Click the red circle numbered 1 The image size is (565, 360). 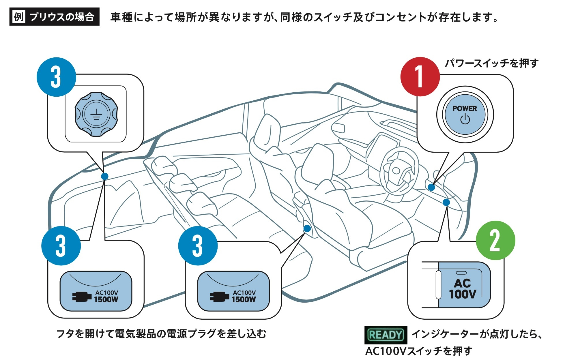420,77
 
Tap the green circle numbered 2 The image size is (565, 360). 495,240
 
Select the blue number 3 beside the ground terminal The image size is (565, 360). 56,77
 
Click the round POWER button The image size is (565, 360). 465,115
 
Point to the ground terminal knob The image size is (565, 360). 96,114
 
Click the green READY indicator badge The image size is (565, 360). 386,335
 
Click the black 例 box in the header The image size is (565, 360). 19,17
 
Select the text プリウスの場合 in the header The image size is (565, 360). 62,17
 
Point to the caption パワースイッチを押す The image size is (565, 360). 491,63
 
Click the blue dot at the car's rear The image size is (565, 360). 105,176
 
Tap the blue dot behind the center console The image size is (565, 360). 307,229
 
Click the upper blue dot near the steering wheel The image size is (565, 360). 431,187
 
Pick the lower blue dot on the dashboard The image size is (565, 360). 446,202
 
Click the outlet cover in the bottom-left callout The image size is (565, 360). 96,291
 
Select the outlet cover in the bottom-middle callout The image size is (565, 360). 233,291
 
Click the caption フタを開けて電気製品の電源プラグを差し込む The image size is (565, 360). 161,334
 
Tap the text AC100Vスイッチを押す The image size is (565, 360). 419,351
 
